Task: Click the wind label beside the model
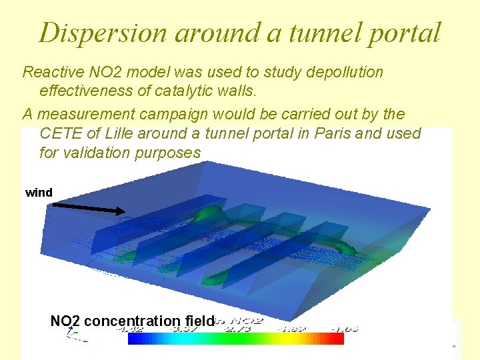(39, 193)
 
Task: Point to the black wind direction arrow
(88, 209)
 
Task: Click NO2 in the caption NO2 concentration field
(65, 321)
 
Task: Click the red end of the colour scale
(337, 339)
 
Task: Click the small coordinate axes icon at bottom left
(75, 336)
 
